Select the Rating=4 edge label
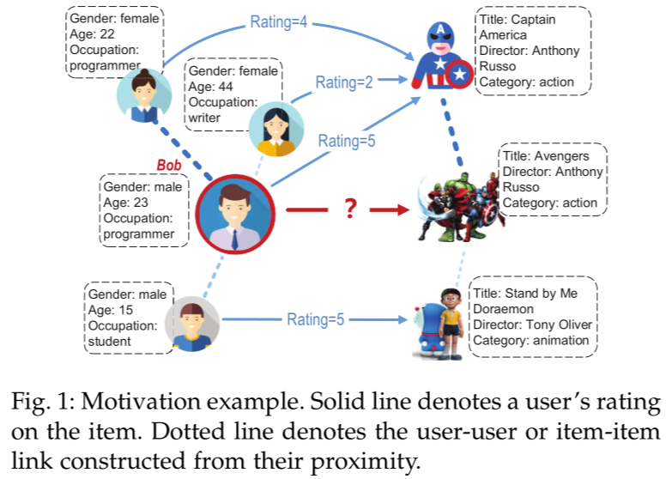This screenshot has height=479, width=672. (279, 21)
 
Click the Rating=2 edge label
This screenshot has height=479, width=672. (344, 82)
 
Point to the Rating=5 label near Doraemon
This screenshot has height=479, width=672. (316, 320)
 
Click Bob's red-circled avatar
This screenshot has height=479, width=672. (234, 212)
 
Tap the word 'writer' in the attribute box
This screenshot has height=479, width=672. (205, 118)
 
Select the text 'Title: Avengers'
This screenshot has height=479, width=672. (546, 156)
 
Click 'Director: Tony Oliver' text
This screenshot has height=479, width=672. (532, 324)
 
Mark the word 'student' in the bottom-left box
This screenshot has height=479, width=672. (110, 341)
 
